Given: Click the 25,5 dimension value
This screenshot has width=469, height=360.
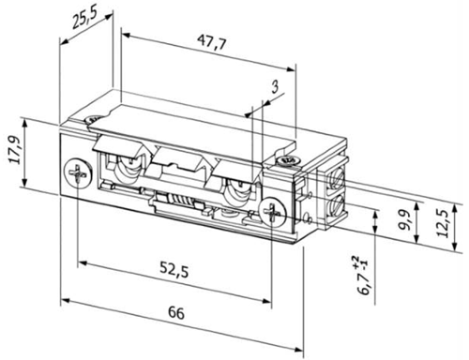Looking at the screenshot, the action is tap(84, 18).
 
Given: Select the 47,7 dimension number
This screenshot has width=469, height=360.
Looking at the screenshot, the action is tap(211, 42).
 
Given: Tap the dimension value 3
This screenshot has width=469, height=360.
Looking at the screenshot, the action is tap(275, 87).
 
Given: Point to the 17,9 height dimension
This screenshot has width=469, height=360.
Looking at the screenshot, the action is tap(16, 150).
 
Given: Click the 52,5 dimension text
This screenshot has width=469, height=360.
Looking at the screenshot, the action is tap(174, 269).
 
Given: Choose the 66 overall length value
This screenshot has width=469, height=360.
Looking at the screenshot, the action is tap(176, 313).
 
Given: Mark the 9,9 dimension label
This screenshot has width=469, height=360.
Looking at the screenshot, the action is tap(406, 220).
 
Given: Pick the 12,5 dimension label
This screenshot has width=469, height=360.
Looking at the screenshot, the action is tap(443, 223).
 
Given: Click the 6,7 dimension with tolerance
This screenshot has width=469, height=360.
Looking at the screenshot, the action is tap(363, 275).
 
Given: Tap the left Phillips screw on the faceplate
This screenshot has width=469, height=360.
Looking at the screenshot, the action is tap(78, 172).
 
